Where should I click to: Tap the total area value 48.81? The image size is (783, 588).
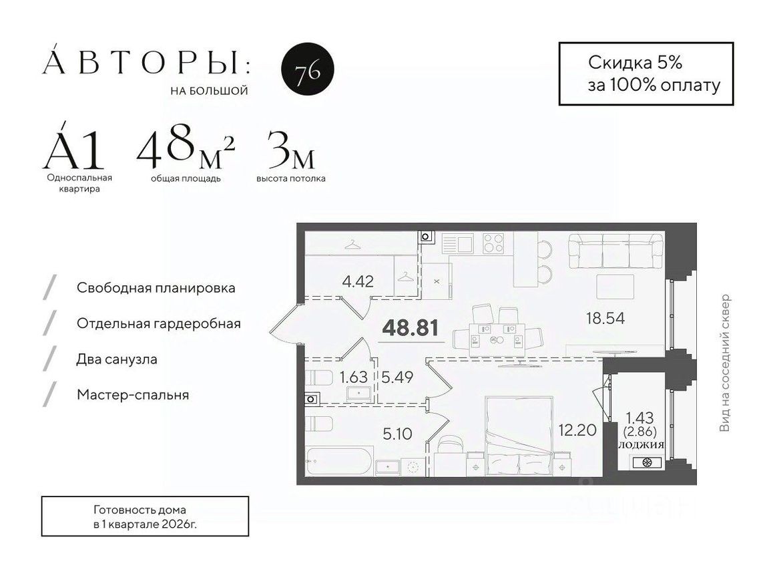tap(409, 328)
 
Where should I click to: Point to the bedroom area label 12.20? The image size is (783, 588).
tap(576, 430)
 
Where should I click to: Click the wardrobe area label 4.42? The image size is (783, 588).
tap(357, 281)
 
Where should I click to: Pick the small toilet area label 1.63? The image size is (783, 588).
tap(354, 377)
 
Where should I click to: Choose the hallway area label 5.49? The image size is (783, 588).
tap(398, 377)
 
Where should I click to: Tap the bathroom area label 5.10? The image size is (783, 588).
tap(397, 434)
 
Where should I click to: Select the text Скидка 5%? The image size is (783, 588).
tap(635, 63)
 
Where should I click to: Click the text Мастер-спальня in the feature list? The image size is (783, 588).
tap(133, 395)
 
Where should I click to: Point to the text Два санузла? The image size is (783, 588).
tap(117, 359)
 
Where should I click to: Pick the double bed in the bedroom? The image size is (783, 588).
tap(519, 434)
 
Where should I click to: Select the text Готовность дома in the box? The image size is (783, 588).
tap(145, 509)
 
